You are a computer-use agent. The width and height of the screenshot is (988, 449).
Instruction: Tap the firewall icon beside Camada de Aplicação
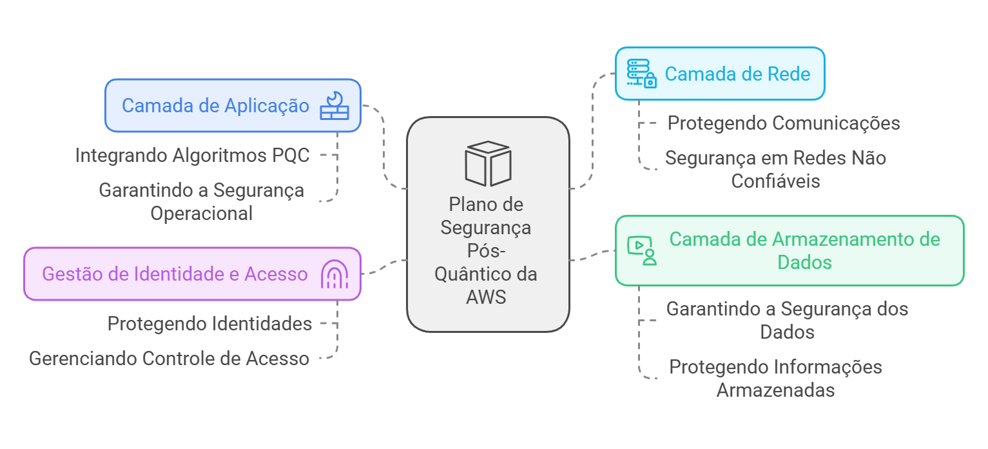tap(334, 106)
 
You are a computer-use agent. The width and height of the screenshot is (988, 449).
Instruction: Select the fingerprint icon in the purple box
tap(334, 275)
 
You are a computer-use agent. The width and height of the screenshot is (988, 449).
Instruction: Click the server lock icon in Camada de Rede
tap(641, 74)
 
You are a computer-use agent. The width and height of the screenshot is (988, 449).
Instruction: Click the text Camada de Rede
tap(737, 74)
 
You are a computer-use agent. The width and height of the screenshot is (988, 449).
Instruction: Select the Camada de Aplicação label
tap(215, 106)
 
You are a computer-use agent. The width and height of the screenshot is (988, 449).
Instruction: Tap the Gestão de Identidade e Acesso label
tap(175, 274)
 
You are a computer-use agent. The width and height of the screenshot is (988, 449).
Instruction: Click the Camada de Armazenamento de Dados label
tap(804, 250)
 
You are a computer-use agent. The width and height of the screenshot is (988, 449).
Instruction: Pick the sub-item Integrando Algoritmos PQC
tap(192, 155)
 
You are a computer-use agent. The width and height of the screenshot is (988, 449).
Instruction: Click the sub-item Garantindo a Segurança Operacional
tap(201, 201)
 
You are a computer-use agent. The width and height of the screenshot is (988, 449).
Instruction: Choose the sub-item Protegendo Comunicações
tap(784, 123)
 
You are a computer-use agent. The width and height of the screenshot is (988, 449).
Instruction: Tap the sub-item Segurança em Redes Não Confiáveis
tap(775, 169)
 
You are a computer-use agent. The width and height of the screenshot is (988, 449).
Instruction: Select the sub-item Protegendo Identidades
tap(209, 323)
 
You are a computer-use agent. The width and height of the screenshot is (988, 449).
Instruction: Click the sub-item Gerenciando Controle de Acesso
tap(169, 358)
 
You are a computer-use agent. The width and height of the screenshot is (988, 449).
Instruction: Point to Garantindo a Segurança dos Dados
tap(787, 320)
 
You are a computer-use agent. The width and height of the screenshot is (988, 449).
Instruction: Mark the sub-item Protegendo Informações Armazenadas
tap(775, 378)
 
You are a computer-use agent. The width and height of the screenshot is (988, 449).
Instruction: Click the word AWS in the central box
tap(486, 297)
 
